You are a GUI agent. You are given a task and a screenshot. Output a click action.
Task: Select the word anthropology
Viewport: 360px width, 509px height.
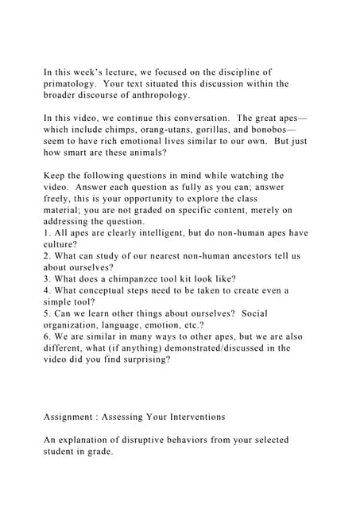159,95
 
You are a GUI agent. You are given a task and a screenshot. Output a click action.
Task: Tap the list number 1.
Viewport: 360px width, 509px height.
46,233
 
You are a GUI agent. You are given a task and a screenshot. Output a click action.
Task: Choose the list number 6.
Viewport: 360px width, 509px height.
46,336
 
